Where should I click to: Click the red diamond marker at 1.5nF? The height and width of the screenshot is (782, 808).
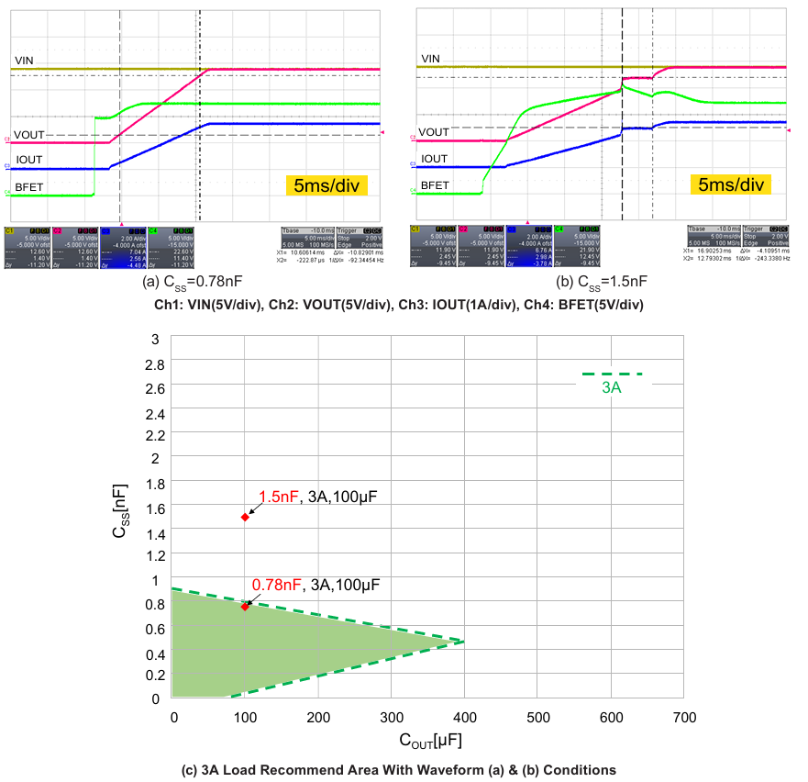245,517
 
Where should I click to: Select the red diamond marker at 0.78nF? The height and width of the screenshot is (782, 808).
245,606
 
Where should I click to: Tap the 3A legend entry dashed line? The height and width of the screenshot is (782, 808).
612,374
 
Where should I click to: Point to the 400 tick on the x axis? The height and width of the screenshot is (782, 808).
464,717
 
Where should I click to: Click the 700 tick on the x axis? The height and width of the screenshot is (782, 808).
684,717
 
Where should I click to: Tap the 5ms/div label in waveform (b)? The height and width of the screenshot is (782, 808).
731,185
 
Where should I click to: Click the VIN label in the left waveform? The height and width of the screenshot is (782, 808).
25,61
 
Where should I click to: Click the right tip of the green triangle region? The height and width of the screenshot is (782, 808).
463,642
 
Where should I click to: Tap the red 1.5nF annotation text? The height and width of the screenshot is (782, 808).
279,497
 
